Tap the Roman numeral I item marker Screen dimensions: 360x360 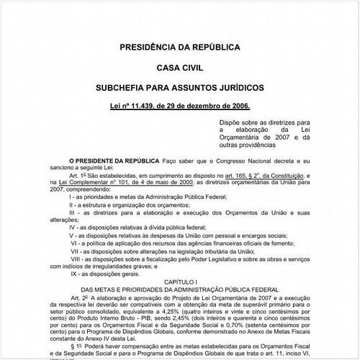pyautogui.click(x=70, y=215)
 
